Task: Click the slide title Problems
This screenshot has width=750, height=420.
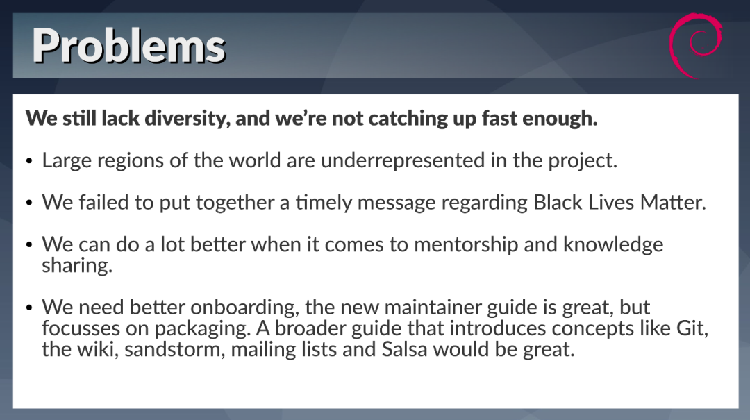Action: click(128, 47)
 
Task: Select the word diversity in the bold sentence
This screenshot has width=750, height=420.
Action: click(187, 119)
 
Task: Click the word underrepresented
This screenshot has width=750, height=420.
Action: click(403, 160)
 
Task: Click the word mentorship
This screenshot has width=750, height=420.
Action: click(466, 245)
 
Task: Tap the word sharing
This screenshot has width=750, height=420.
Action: click(77, 266)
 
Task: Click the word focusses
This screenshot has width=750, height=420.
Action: click(81, 328)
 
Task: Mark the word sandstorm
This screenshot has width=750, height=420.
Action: click(174, 350)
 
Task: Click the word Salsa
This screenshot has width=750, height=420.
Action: click(404, 349)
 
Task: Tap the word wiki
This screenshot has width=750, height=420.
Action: click(98, 350)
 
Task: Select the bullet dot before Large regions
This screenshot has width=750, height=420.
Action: click(30, 162)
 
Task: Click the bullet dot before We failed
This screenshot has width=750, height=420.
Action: click(30, 204)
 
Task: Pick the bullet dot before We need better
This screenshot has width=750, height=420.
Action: click(30, 308)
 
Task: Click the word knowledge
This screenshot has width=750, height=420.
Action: click(613, 245)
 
